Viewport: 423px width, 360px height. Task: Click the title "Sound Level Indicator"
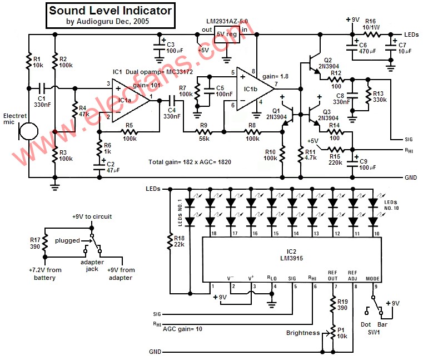110,11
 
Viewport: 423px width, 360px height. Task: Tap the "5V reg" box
227,33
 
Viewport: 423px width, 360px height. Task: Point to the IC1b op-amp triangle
253,87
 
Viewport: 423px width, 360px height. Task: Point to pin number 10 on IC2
376,234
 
